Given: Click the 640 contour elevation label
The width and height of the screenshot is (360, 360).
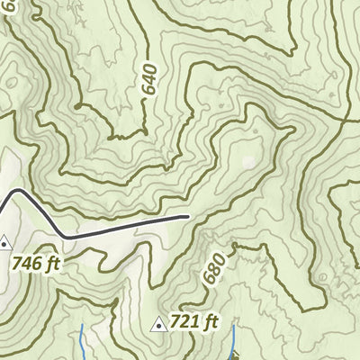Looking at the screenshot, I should (x=149, y=79).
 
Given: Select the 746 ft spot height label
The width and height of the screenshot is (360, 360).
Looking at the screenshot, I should (x=37, y=264).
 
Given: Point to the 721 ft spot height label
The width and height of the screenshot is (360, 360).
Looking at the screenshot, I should (x=195, y=321).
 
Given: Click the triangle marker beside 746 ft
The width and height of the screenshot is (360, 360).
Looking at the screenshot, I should (x=5, y=242).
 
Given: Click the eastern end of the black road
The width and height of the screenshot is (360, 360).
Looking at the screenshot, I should (x=187, y=216).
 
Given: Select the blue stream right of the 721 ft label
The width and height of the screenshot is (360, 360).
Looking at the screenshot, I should (x=233, y=340).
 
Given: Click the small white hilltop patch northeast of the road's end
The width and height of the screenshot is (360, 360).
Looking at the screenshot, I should (x=247, y=164).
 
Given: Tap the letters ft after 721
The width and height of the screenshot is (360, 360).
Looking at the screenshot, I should (x=211, y=321).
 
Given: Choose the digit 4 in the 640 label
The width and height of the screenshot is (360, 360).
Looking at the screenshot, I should (x=149, y=79).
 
